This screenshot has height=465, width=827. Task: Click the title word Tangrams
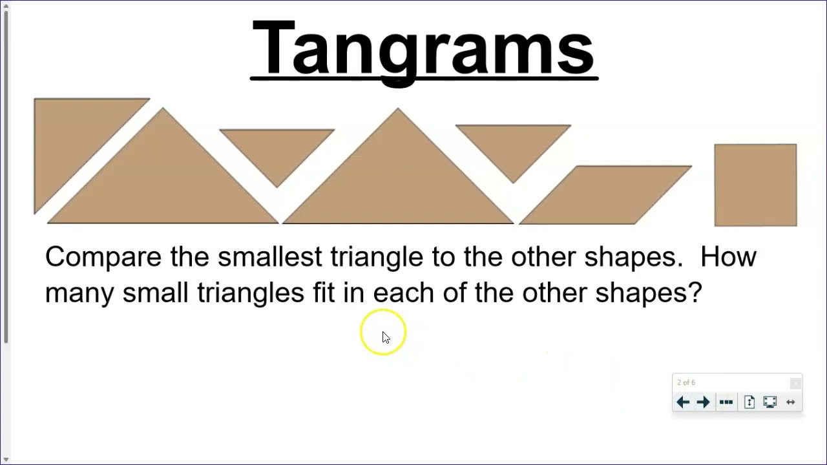[x=423, y=49]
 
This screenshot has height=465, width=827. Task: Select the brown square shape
[x=755, y=185]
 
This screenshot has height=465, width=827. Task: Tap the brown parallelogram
[x=605, y=195]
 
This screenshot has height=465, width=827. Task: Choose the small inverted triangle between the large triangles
[x=277, y=149]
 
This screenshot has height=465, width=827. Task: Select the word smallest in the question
[x=269, y=257]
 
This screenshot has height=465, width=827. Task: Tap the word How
[x=728, y=257]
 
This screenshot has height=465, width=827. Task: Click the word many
[x=79, y=293]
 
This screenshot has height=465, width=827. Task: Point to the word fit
[x=324, y=293]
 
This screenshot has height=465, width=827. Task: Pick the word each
[x=404, y=293]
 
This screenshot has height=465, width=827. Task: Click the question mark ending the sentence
[x=696, y=293]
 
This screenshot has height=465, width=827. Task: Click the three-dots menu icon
[x=726, y=402]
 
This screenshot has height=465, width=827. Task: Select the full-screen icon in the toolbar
[x=769, y=402]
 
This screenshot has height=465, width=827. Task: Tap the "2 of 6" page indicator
[x=686, y=383]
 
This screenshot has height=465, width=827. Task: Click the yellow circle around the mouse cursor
[x=383, y=333]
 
